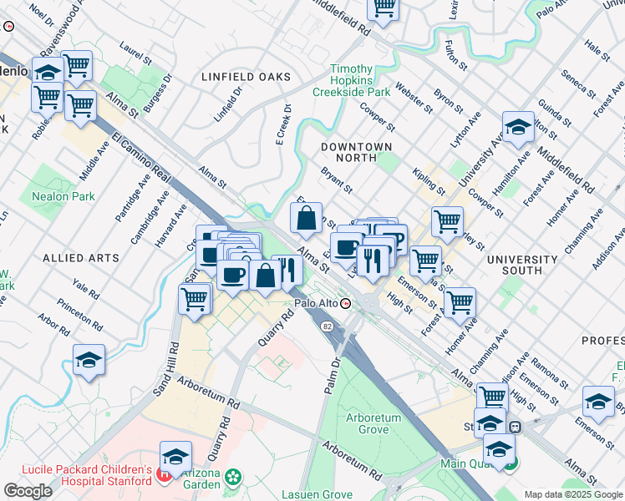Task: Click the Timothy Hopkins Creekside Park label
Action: [350, 80]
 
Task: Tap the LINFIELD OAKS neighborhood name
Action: [246, 77]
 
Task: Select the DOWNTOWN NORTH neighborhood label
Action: [357, 152]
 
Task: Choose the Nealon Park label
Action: [64, 196]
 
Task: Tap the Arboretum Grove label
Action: [373, 423]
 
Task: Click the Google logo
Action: [28, 491]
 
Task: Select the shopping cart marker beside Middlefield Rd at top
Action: [384, 7]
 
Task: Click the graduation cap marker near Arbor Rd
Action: [89, 361]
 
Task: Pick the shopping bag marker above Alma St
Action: [307, 219]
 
